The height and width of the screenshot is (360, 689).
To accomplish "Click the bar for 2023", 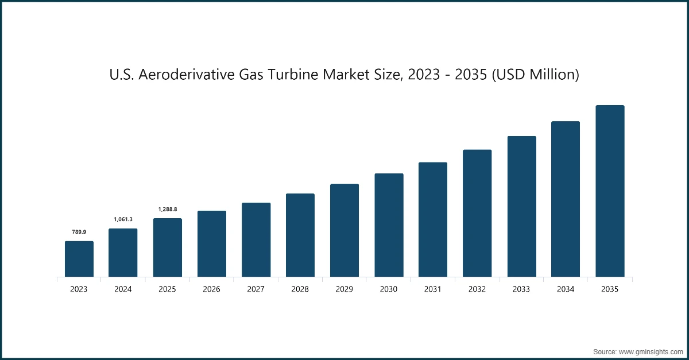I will point(79,259).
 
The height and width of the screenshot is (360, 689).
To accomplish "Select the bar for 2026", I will point(212,244).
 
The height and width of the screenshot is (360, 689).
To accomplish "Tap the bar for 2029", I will point(344,230).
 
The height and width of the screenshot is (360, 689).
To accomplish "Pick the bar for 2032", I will point(477,214).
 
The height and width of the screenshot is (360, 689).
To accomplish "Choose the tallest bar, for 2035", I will point(610,191).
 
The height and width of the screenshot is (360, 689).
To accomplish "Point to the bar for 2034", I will point(566,199).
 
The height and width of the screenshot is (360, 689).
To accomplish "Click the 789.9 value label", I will point(79,232).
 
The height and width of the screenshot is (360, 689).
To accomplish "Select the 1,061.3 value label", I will point(123,219).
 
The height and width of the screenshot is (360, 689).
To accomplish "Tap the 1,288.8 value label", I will point(167,209).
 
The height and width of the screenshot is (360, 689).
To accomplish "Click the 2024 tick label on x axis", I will point(123,289).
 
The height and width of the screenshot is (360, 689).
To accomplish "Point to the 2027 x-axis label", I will point(256,289).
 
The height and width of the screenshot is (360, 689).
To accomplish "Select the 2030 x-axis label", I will point(389,289).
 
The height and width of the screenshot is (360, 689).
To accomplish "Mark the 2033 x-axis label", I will point(521,289).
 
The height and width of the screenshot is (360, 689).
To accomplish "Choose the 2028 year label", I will point(300,289).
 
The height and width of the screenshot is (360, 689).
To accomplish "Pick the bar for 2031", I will point(433,220).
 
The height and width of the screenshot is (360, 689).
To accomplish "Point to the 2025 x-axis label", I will point(167,289).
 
